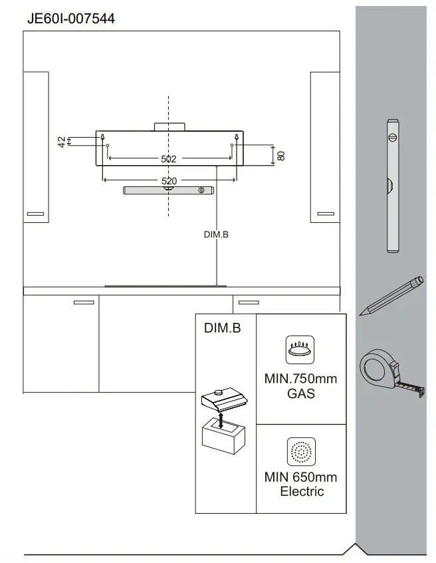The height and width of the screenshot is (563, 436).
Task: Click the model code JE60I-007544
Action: pyautogui.click(x=70, y=19)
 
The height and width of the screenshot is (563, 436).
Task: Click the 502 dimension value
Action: pyautogui.click(x=169, y=159)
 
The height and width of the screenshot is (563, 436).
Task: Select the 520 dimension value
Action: pyautogui.click(x=169, y=181)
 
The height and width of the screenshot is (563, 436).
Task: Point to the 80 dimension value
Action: pyautogui.click(x=281, y=155)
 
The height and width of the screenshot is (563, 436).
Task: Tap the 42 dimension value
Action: pyautogui.click(x=62, y=142)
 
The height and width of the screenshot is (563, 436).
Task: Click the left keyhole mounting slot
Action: pyautogui.click(x=104, y=138)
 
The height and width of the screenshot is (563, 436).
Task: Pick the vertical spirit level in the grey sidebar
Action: pyautogui.click(x=392, y=186)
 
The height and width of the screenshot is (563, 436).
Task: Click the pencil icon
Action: pyautogui.click(x=391, y=295)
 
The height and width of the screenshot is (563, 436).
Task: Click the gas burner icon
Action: pyautogui.click(x=300, y=349)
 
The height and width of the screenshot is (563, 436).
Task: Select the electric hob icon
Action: pyautogui.click(x=300, y=452)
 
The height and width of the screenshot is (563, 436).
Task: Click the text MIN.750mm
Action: pyautogui.click(x=300, y=379)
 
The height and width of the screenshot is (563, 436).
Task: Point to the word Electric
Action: pyautogui.click(x=301, y=492)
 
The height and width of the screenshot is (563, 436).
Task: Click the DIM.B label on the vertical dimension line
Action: pyautogui.click(x=216, y=234)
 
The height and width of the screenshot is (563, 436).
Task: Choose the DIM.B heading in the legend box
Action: pyautogui.click(x=221, y=328)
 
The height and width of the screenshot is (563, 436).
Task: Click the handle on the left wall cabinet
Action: pyautogui.click(x=35, y=214)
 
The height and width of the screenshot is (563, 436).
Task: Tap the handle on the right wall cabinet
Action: pyautogui.click(x=327, y=214)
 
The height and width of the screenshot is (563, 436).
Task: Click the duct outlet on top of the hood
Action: pyautogui.click(x=169, y=126)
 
